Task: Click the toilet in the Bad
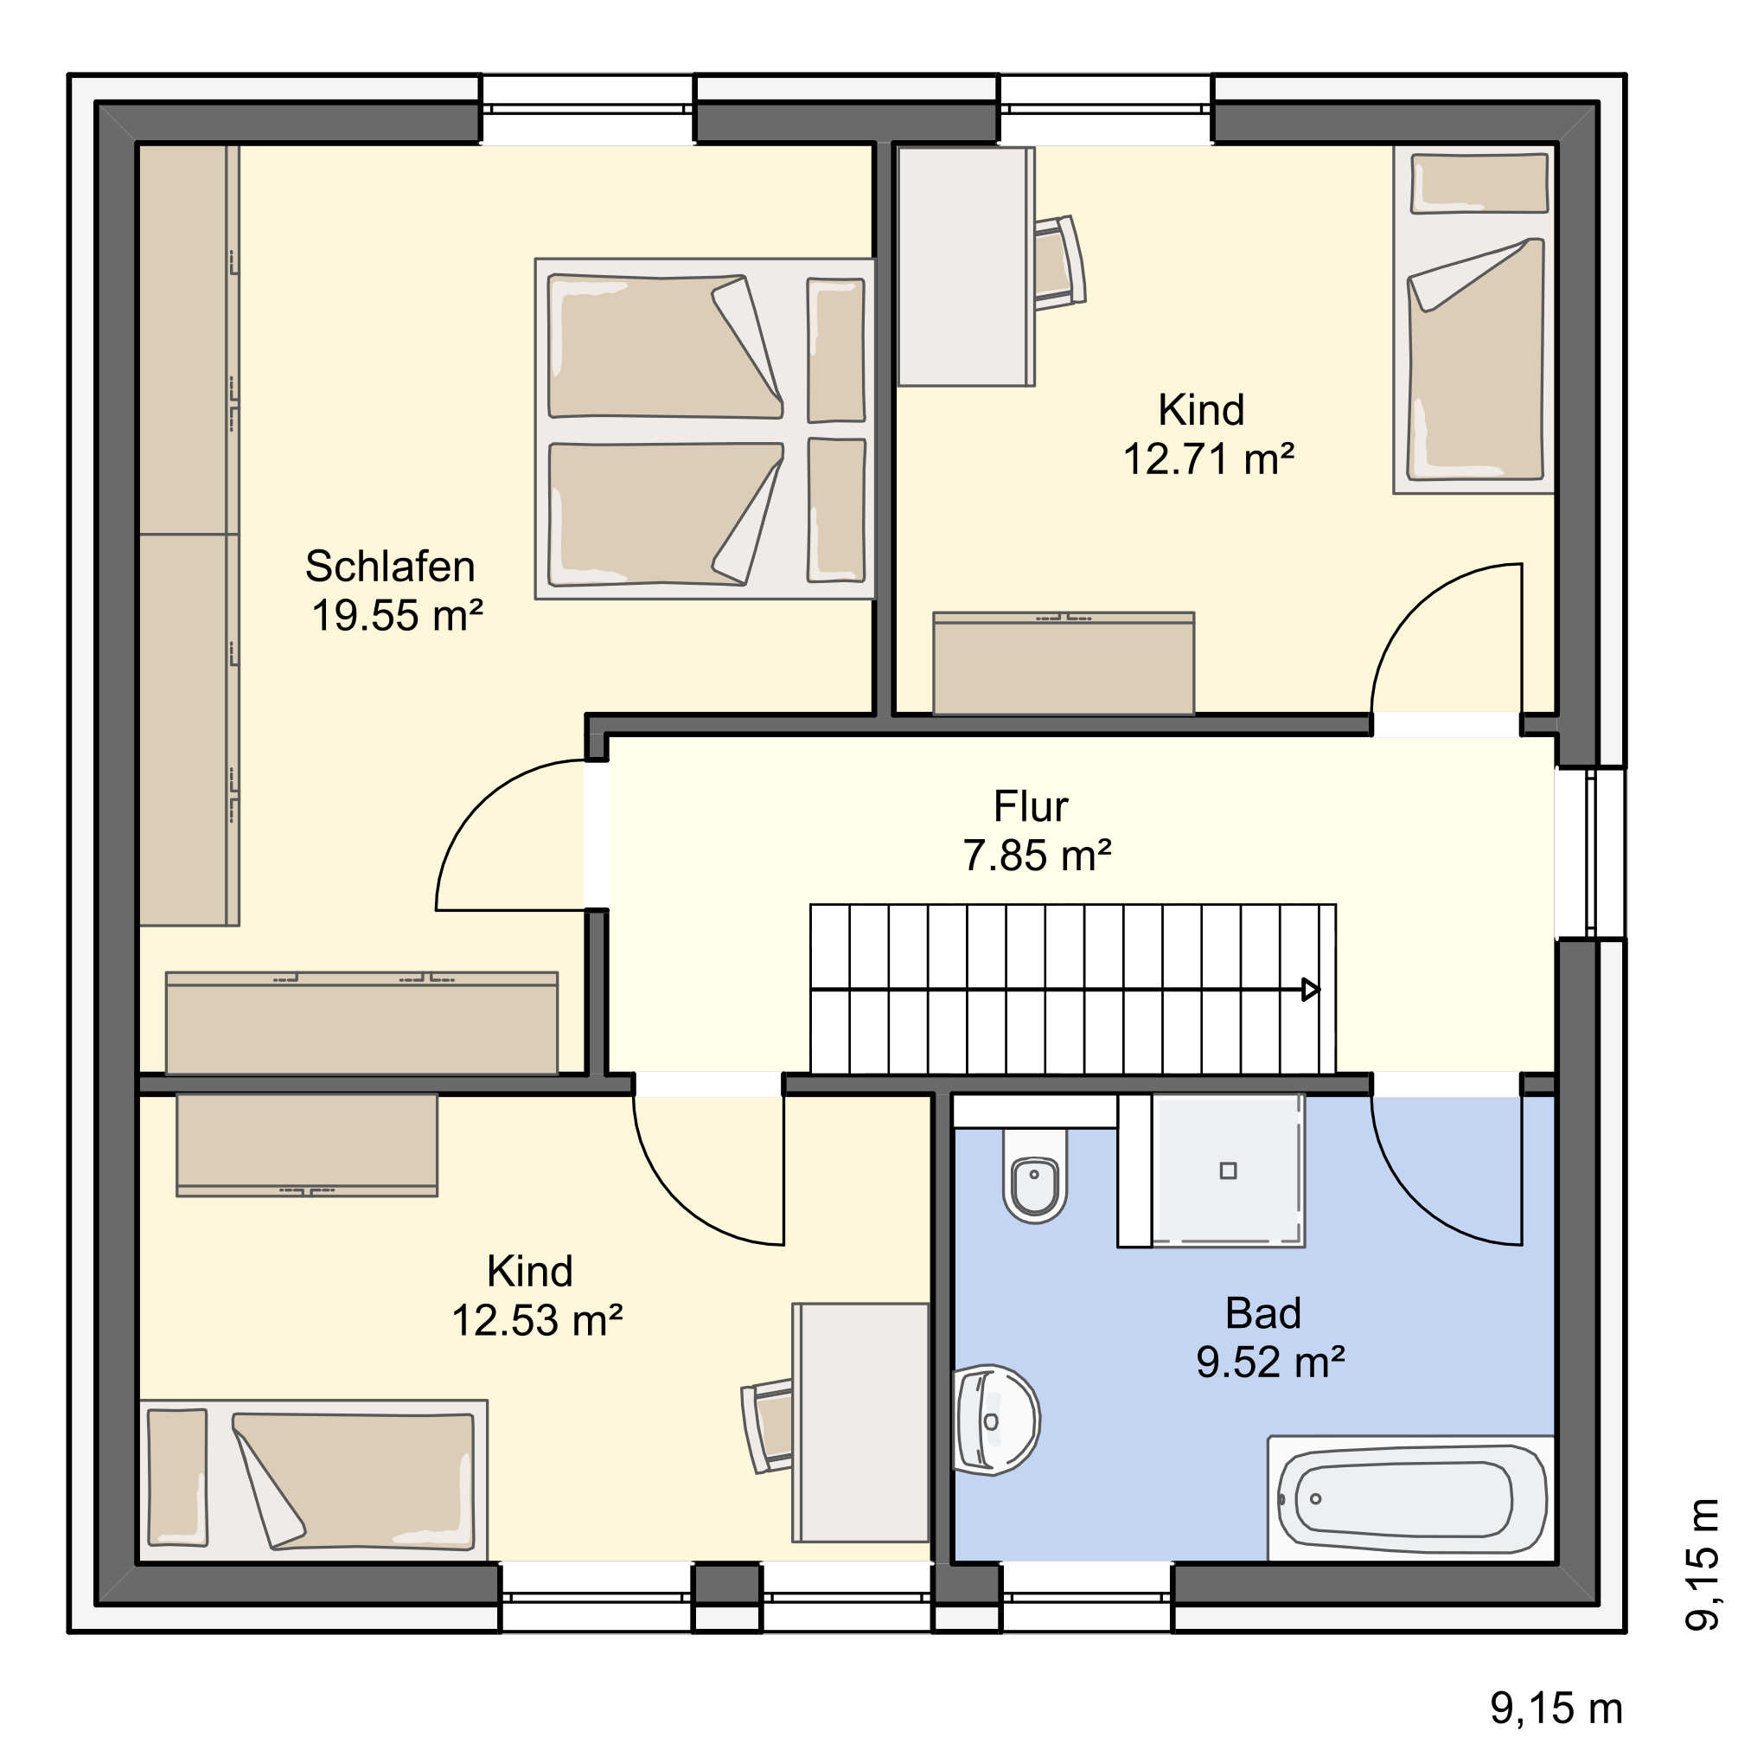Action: [x=1034, y=1175]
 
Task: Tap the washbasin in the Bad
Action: [x=995, y=1420]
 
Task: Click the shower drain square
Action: [x=1227, y=1170]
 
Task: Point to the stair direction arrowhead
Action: [x=1311, y=991]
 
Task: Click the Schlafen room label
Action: [x=390, y=567]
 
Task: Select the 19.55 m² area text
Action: [x=397, y=616]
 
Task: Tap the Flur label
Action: [x=1031, y=806]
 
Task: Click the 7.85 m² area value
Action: [x=1037, y=856]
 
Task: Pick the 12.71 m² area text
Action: [x=1208, y=459]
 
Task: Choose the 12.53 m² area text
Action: [x=537, y=1321]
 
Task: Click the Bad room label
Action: [x=1262, y=1313]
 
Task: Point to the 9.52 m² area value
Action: [x=1270, y=1362]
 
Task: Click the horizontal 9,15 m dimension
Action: [x=1556, y=1708]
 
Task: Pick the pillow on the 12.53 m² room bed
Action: [x=178, y=1477]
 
